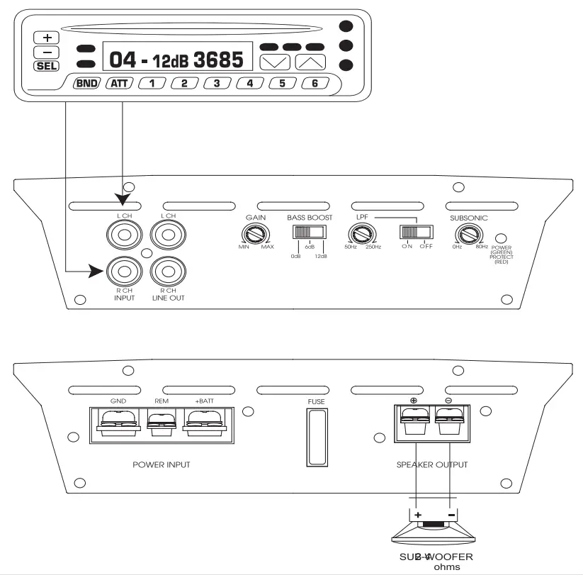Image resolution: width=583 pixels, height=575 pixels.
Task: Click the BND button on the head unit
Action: coord(85,83)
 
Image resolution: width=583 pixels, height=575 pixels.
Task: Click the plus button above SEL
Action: coord(47,38)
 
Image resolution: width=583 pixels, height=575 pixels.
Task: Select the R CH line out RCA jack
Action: coord(169,271)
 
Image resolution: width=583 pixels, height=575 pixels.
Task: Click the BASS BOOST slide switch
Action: coord(308,233)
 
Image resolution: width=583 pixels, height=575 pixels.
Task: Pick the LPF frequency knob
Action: coord(359,233)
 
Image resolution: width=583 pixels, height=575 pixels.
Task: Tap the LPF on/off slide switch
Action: coord(415,233)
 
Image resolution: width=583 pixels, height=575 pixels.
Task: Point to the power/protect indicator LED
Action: coord(501,238)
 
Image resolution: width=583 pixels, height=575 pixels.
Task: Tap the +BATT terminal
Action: coord(205,425)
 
